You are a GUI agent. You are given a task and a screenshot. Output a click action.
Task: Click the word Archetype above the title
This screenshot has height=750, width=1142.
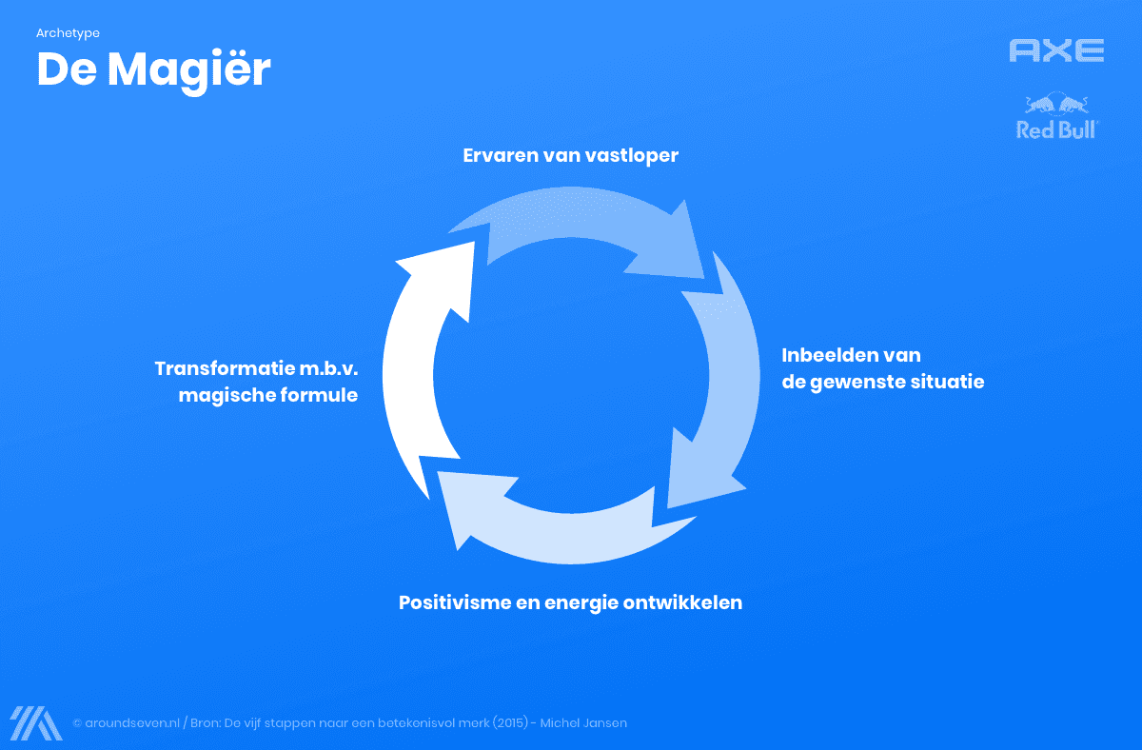click(x=68, y=33)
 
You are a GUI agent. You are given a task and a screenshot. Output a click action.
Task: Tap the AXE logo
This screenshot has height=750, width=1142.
click(x=1056, y=50)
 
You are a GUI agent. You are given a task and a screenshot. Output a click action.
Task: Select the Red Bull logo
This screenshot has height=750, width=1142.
click(x=1056, y=117)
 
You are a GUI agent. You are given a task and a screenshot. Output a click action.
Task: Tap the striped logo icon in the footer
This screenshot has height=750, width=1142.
click(x=36, y=723)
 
